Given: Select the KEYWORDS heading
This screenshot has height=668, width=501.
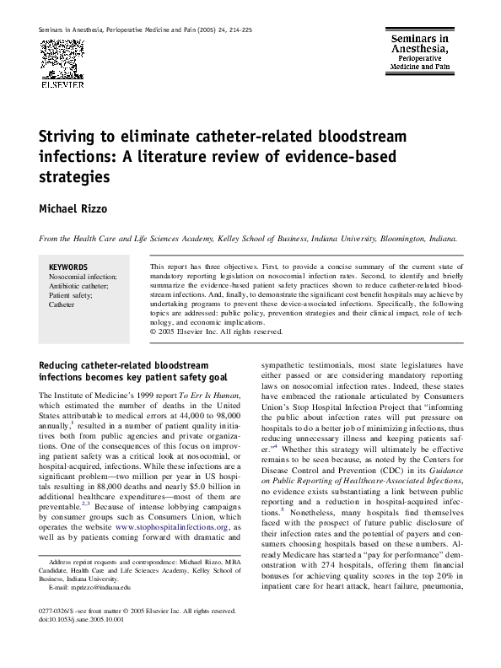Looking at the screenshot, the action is point(68,267).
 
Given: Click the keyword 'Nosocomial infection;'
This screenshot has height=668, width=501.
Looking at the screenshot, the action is point(83,277).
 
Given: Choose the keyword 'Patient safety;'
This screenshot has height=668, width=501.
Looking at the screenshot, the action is point(72,295).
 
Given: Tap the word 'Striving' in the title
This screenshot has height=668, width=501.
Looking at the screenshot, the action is point(72,137).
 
